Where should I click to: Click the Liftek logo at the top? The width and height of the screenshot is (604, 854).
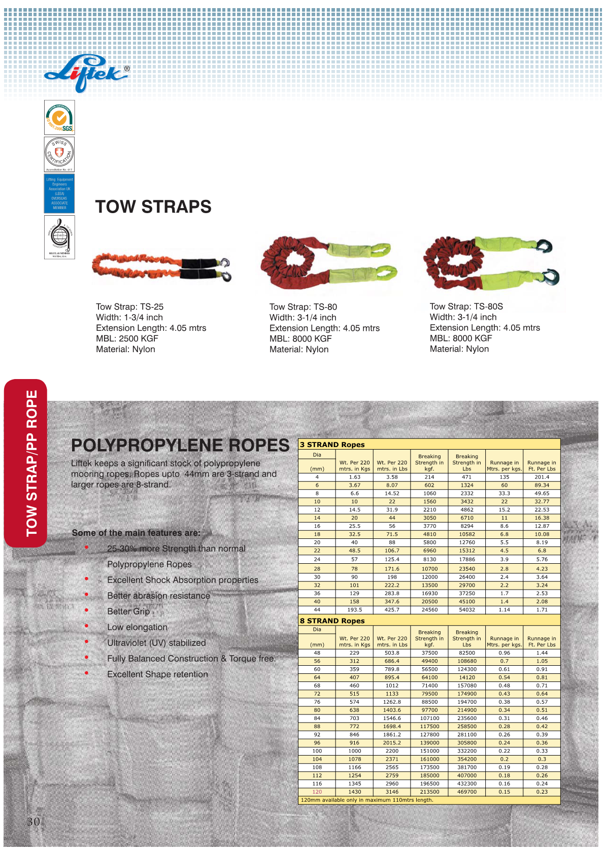coord(86,74)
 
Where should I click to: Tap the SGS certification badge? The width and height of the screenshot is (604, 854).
coord(59,118)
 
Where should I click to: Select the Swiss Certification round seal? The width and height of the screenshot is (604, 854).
coord(59,154)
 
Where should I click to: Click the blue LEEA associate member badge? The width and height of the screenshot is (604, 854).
coord(59,193)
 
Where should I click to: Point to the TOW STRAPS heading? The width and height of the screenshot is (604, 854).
coord(153,207)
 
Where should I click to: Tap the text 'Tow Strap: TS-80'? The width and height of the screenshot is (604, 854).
coord(303,307)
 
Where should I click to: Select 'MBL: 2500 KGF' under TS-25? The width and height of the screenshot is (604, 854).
coord(127,338)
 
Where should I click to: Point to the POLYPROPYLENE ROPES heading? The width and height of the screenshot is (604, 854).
coord(180,445)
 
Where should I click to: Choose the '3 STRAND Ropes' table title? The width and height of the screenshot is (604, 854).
coord(332,445)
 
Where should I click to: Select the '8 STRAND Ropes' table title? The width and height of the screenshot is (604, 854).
coord(332,621)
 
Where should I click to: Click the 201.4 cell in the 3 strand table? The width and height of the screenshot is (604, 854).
coord(542,477)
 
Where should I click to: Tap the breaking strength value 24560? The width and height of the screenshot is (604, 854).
coord(429,609)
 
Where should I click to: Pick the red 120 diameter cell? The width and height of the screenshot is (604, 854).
coord(317,792)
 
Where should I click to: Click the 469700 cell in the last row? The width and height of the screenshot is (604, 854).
coord(467,792)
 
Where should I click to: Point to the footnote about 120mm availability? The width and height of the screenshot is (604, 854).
coord(367,800)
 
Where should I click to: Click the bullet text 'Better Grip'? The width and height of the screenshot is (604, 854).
coord(128,611)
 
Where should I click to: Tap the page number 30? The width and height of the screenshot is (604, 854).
coord(33,822)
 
